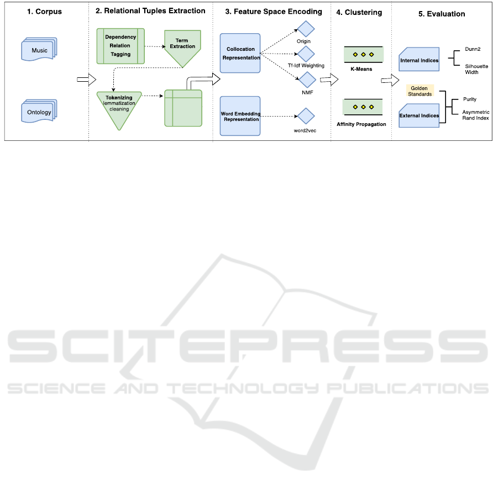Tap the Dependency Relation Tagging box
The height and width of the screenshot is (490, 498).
(x=120, y=45)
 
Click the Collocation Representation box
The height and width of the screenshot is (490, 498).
(x=240, y=53)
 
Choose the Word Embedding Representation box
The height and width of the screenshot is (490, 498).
(x=240, y=115)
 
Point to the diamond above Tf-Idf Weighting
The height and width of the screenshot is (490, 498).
(x=306, y=54)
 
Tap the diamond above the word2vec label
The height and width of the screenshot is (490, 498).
(x=306, y=116)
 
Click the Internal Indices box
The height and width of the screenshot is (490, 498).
(x=419, y=60)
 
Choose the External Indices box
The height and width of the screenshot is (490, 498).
(x=419, y=115)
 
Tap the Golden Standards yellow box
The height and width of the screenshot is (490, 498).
(x=420, y=91)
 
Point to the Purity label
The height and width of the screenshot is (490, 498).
(x=470, y=99)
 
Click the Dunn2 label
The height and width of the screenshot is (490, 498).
(x=473, y=49)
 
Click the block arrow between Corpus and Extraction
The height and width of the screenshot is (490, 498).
(x=82, y=80)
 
